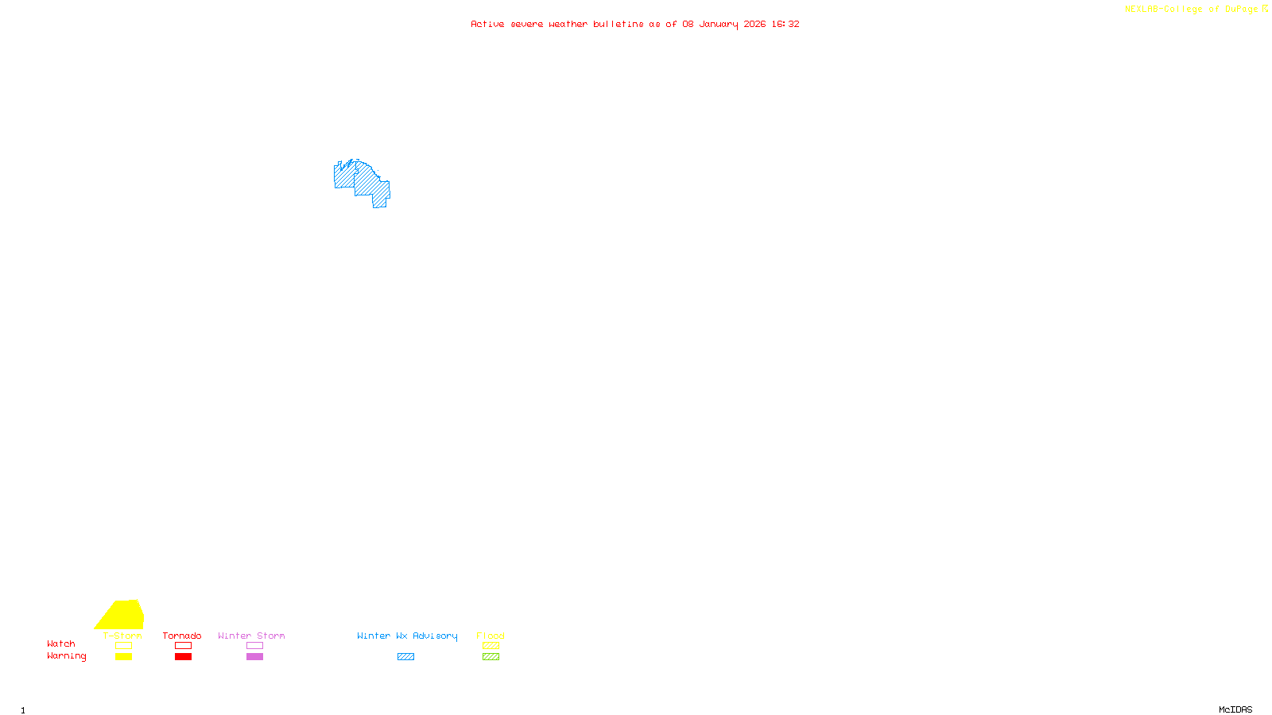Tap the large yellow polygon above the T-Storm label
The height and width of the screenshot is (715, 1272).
tap(122, 615)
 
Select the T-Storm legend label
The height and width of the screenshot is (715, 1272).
tap(122, 636)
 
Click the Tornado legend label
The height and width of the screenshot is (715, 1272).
tap(182, 636)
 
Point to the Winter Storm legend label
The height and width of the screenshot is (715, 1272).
tap(251, 636)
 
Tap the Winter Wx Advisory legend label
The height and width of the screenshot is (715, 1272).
tap(407, 636)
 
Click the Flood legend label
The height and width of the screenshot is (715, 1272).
tap(491, 636)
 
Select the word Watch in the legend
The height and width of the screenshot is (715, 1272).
tap(61, 643)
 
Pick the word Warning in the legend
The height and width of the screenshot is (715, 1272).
tap(67, 656)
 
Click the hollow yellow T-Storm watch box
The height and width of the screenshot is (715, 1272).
tap(123, 646)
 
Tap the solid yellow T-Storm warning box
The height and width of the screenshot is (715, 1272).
tap(123, 657)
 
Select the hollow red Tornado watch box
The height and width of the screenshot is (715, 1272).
tap(183, 646)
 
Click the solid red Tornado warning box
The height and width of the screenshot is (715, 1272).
tap(183, 657)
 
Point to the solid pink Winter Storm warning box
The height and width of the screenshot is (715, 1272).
tap(254, 657)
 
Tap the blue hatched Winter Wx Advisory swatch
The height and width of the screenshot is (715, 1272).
tap(405, 657)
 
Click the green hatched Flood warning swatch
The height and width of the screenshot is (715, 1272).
tap(491, 657)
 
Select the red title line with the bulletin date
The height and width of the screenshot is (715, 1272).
tap(635, 24)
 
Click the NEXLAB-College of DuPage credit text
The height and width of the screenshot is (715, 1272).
tap(1192, 9)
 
